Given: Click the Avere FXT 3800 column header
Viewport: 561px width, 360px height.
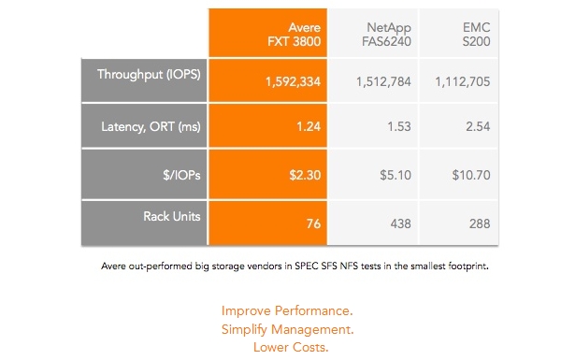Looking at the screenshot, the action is tap(294, 35).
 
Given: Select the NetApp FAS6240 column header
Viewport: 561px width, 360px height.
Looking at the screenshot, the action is tap(386, 35).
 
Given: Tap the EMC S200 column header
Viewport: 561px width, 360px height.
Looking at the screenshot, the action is tap(476, 35).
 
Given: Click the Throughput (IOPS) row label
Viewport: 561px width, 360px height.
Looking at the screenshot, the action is tap(149, 75).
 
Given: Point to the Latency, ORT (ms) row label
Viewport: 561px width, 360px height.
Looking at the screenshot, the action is tap(151, 126).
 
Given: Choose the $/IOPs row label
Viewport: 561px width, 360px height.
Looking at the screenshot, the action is tap(181, 175).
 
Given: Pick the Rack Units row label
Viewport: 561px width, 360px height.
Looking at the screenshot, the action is tap(172, 216).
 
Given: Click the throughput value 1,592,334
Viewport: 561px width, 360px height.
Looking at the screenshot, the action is tap(293, 82).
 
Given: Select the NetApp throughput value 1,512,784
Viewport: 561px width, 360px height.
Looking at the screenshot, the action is tap(383, 82).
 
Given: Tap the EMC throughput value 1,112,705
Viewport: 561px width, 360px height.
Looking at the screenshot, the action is tap(462, 82).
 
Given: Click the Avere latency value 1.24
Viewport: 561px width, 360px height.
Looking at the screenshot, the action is tap(309, 126).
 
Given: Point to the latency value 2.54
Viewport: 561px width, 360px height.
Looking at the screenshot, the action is tap(478, 126).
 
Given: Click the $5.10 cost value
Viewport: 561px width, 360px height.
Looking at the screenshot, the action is tap(396, 175).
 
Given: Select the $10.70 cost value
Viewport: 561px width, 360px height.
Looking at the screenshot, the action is tap(471, 175).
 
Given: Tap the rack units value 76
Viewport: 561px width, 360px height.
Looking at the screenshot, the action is tap(313, 224).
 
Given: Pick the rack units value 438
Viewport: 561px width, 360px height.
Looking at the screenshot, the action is tap(401, 224).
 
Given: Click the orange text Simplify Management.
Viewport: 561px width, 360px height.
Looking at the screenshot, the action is tap(287, 329).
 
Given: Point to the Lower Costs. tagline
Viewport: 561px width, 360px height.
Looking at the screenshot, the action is tap(291, 347).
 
